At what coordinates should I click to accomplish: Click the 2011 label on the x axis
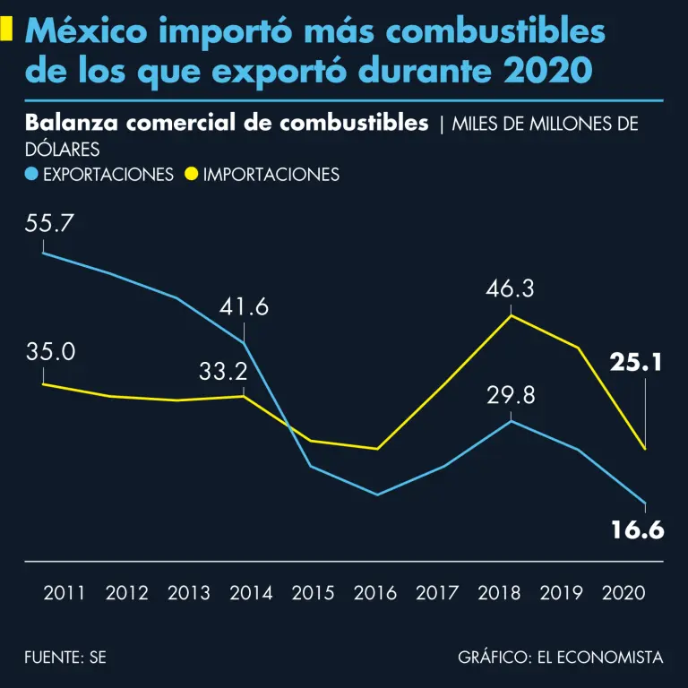click(x=64, y=593)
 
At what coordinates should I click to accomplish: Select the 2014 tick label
click(x=251, y=593)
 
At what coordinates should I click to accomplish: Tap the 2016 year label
click(x=375, y=593)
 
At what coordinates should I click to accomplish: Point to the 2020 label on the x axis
click(x=624, y=593)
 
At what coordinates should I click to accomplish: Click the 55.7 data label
click(x=49, y=225)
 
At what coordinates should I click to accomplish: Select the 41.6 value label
click(x=245, y=307)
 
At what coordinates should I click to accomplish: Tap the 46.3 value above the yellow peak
click(x=510, y=289)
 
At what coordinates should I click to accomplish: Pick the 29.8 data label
click(x=511, y=395)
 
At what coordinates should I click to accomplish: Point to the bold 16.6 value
click(x=637, y=530)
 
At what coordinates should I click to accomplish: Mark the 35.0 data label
click(x=50, y=351)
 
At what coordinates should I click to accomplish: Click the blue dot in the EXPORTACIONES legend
click(x=31, y=175)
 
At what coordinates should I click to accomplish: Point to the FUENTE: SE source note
click(x=65, y=658)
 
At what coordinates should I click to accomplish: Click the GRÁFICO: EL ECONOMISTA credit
click(x=560, y=658)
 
